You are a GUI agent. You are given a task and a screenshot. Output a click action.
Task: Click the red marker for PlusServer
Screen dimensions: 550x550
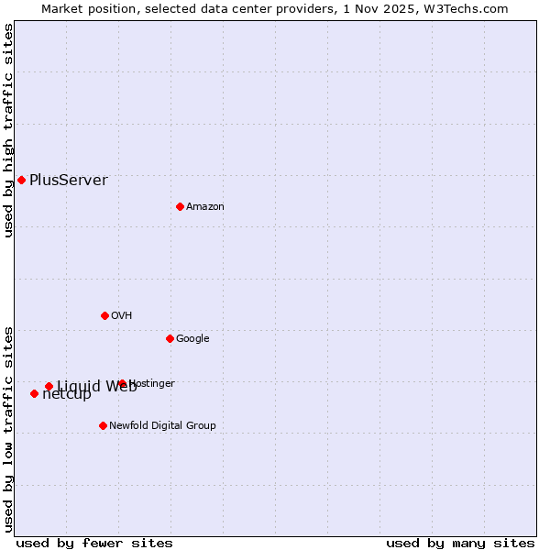pyautogui.click(x=21, y=180)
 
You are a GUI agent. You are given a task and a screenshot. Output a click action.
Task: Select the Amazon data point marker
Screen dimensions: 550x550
pyautogui.click(x=180, y=206)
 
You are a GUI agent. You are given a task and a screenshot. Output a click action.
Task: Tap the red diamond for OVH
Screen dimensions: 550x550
pyautogui.click(x=104, y=315)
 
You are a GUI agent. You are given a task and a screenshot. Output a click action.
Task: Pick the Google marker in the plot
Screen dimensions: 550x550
pyautogui.click(x=170, y=338)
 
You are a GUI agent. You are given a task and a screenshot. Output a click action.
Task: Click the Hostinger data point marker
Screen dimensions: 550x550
pyautogui.click(x=122, y=383)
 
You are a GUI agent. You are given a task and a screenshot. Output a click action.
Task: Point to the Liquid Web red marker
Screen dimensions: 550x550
pyautogui.click(x=49, y=386)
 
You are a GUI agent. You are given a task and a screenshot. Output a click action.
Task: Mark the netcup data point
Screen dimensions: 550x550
pyautogui.click(x=34, y=393)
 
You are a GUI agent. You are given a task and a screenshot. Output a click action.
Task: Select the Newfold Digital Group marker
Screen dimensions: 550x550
pyautogui.click(x=103, y=425)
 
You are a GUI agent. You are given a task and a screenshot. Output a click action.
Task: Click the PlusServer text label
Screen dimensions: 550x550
pyautogui.click(x=68, y=180)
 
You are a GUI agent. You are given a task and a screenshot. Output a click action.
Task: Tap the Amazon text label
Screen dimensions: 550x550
pyautogui.click(x=204, y=206)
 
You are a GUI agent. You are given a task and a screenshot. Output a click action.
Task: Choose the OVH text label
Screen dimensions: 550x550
pyautogui.click(x=121, y=315)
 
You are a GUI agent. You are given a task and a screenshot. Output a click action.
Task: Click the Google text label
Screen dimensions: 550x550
pyautogui.click(x=192, y=338)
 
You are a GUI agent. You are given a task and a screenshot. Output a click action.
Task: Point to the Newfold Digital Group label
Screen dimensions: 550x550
pyautogui.click(x=162, y=425)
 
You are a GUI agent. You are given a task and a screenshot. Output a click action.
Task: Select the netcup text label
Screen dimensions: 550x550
pyautogui.click(x=67, y=395)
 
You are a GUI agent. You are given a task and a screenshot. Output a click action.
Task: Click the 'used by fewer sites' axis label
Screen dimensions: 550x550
pyautogui.click(x=94, y=543)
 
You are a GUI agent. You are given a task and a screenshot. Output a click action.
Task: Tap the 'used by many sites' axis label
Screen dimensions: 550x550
pyautogui.click(x=460, y=543)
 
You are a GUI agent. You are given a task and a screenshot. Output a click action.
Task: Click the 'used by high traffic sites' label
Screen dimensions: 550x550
pyautogui.click(x=8, y=130)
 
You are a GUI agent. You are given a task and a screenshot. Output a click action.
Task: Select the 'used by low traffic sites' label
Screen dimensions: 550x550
pyautogui.click(x=8, y=428)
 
